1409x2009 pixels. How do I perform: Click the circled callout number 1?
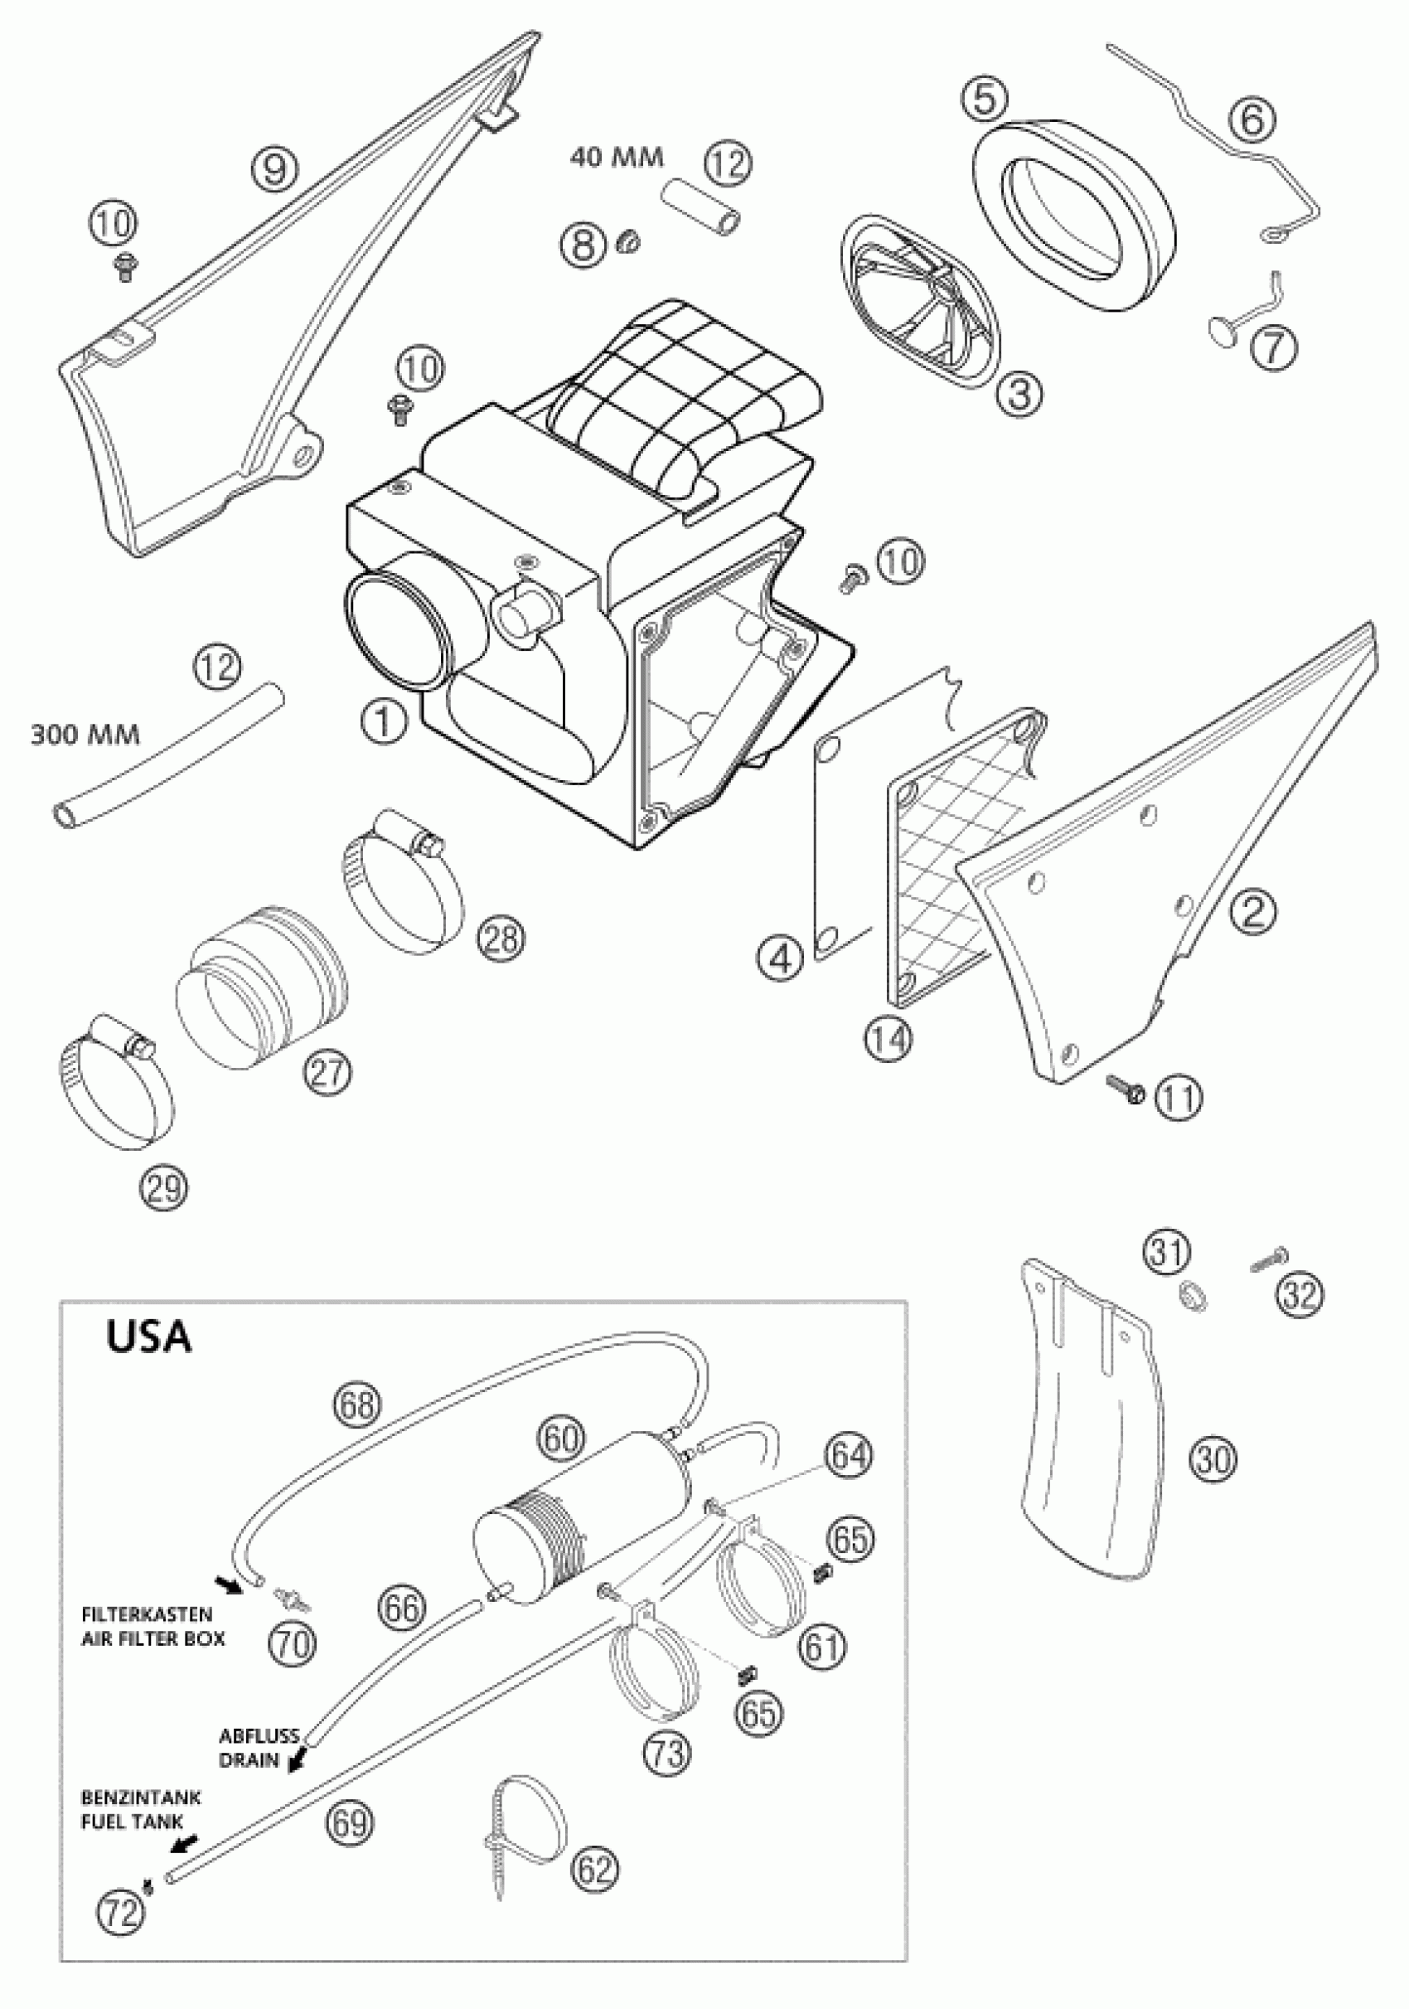pyautogui.click(x=382, y=722)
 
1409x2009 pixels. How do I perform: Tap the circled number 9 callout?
pyautogui.click(x=275, y=167)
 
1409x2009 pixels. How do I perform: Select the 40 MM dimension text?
pyautogui.click(x=617, y=158)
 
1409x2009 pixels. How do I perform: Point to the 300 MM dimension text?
pyautogui.click(x=85, y=733)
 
